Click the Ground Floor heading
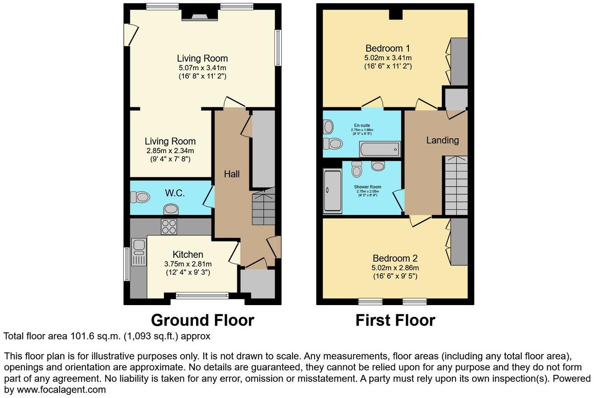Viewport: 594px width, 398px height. pyautogui.click(x=202, y=320)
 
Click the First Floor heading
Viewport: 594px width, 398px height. pyautogui.click(x=395, y=320)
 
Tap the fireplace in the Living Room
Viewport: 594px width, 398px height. pyautogui.click(x=200, y=15)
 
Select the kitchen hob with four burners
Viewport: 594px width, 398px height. pyautogui.click(x=169, y=226)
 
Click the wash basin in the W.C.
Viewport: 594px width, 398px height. pyautogui.click(x=171, y=209)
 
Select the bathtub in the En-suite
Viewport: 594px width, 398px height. pyautogui.click(x=379, y=149)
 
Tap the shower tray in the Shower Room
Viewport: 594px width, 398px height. pyautogui.click(x=333, y=191)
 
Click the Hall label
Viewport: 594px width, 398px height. pyautogui.click(x=232, y=174)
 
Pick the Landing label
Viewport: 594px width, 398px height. pyautogui.click(x=442, y=140)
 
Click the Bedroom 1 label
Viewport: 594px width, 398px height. pyautogui.click(x=388, y=49)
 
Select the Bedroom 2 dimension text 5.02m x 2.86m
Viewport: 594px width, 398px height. pyautogui.click(x=395, y=268)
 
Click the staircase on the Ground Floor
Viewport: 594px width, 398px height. pyautogui.click(x=263, y=208)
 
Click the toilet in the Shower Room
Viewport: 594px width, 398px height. pyautogui.click(x=357, y=170)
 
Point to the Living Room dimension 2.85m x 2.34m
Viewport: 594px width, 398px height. pyautogui.click(x=170, y=150)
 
